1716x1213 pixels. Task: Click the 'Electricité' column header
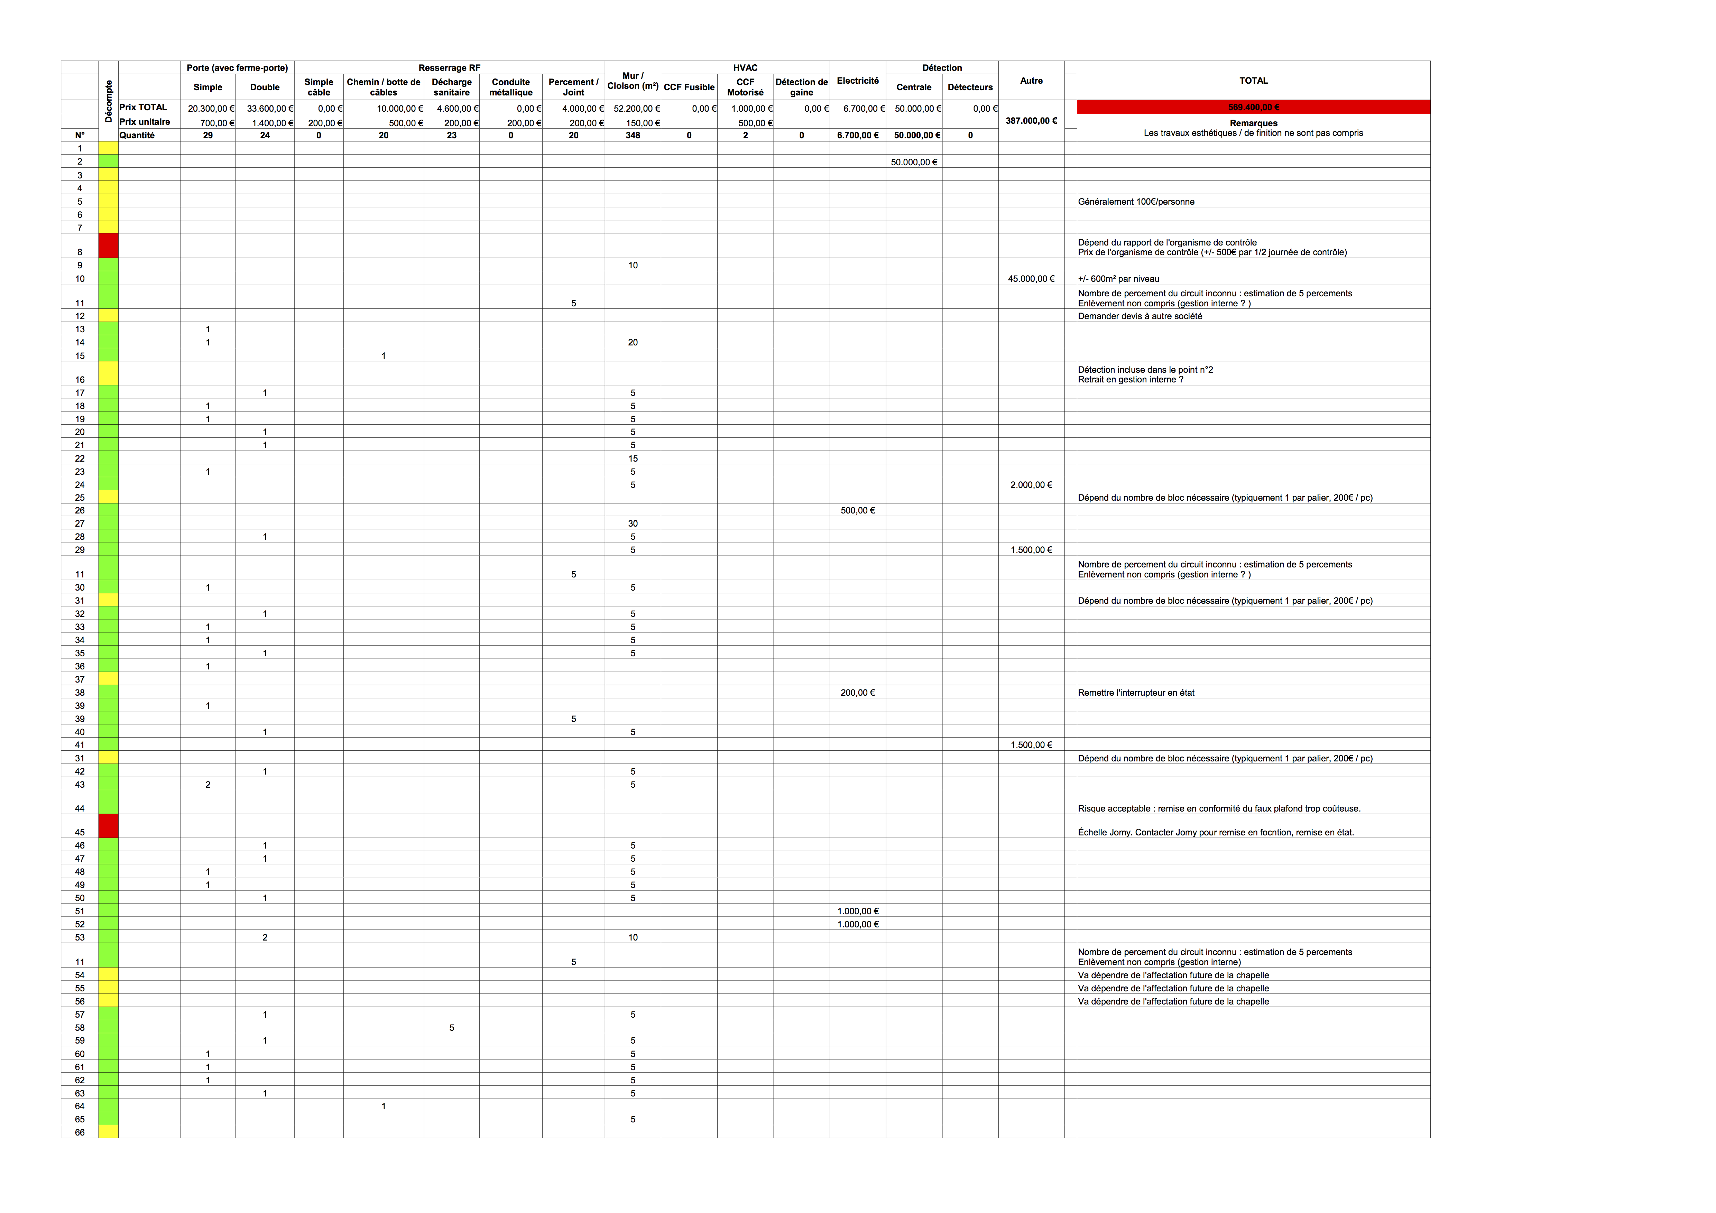click(857, 81)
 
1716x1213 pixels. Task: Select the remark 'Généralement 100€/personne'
click(1136, 202)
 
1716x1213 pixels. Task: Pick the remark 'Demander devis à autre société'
click(1140, 316)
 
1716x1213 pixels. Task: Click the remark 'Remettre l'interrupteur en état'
click(1136, 693)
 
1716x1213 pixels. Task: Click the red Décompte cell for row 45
click(108, 826)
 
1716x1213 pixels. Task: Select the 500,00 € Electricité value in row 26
click(857, 510)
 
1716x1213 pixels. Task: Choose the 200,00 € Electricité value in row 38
click(857, 693)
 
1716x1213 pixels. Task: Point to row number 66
click(80, 1132)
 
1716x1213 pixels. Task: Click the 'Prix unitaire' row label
click(145, 122)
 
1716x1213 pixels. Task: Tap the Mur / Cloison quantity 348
click(632, 135)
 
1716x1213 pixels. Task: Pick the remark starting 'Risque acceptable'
click(1218, 809)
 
